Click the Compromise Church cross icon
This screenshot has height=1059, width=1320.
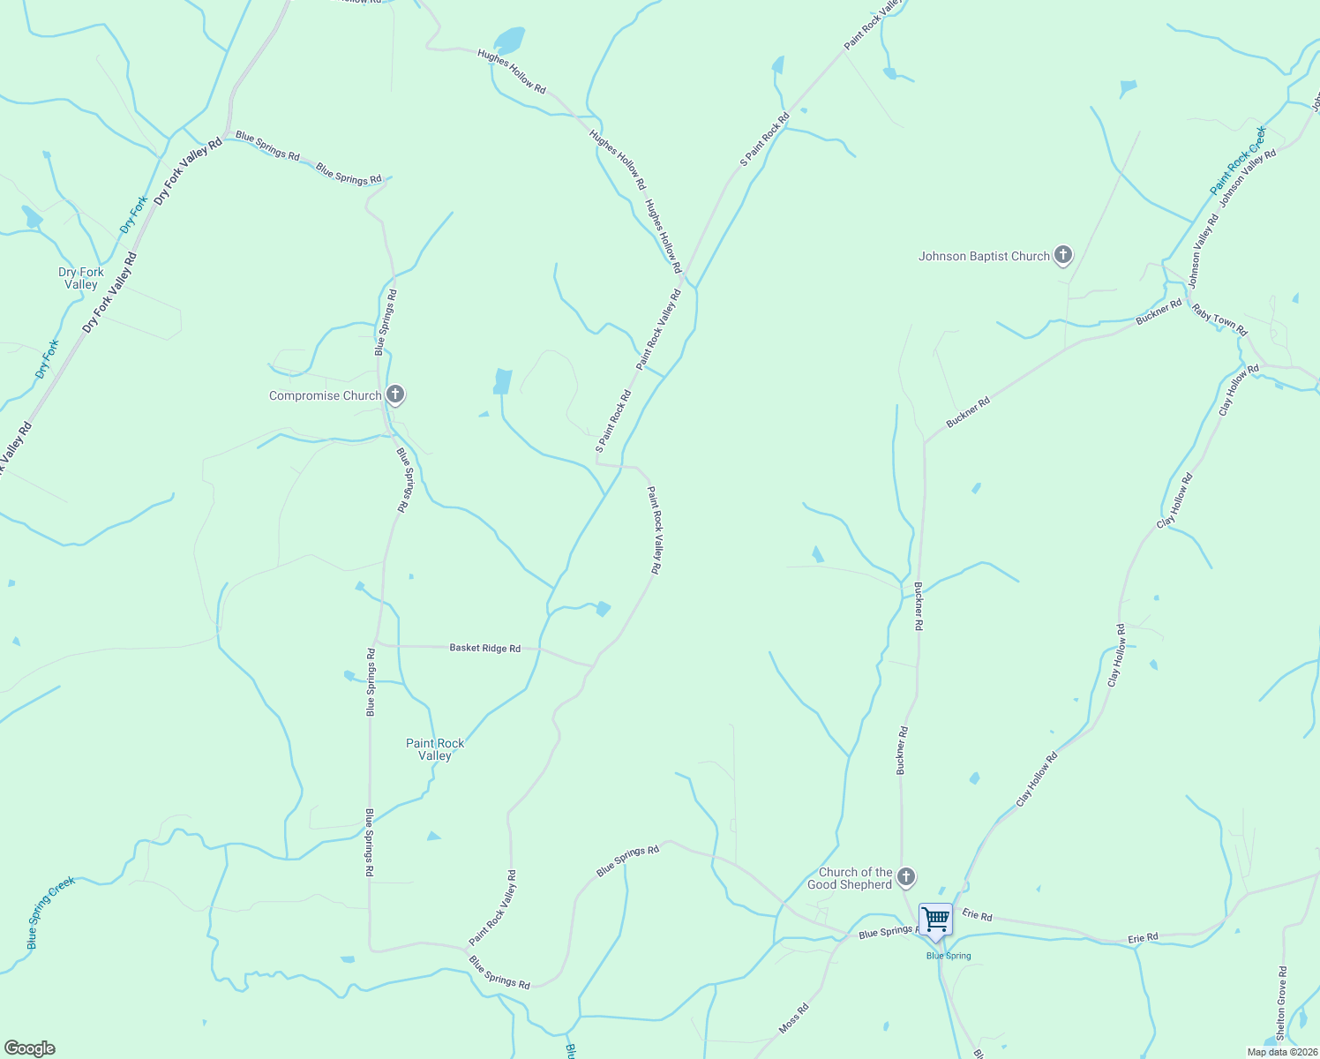tap(395, 395)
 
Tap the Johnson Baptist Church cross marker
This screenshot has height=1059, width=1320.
tap(1063, 256)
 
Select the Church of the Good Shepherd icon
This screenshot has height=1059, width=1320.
tap(905, 877)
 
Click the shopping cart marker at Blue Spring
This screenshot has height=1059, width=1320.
tap(935, 920)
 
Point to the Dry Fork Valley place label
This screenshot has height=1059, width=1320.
tap(81, 278)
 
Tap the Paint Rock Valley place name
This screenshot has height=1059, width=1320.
tap(435, 749)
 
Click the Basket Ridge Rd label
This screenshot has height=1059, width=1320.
tap(484, 648)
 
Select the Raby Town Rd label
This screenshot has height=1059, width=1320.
tap(1219, 319)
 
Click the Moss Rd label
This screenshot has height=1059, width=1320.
tap(794, 1018)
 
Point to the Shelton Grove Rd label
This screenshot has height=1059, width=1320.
tap(1281, 1003)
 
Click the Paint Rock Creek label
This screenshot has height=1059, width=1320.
tap(1238, 161)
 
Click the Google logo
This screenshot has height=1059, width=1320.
tap(30, 1048)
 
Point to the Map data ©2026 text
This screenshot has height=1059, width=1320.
tap(1281, 1052)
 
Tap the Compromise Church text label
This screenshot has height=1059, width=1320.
tap(325, 396)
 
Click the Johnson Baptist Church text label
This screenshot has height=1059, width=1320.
tap(984, 257)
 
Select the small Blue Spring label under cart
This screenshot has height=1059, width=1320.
tap(949, 956)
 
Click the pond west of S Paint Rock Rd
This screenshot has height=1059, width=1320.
tap(503, 381)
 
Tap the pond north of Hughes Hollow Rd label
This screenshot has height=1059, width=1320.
tap(509, 40)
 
